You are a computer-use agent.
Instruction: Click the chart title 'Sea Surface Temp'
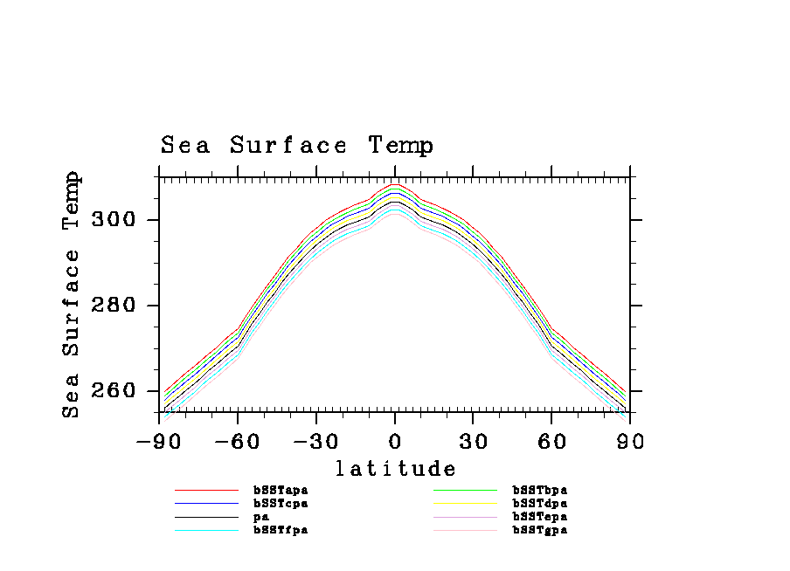(297, 146)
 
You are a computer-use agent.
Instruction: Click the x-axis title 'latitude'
(395, 470)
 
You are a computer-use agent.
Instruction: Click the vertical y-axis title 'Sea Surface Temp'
(72, 295)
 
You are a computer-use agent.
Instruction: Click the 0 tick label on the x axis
(395, 442)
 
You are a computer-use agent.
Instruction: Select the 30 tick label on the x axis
(473, 442)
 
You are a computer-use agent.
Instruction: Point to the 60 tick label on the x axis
(551, 442)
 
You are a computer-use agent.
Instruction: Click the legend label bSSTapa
(281, 491)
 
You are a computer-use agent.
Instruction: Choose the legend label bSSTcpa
(281, 504)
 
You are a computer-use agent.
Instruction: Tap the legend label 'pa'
(260, 517)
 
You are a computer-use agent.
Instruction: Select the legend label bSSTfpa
(281, 530)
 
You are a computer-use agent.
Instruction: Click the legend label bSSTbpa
(539, 491)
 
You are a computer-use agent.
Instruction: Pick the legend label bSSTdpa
(539, 504)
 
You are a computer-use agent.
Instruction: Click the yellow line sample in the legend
(465, 504)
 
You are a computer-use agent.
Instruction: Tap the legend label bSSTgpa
(539, 530)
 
